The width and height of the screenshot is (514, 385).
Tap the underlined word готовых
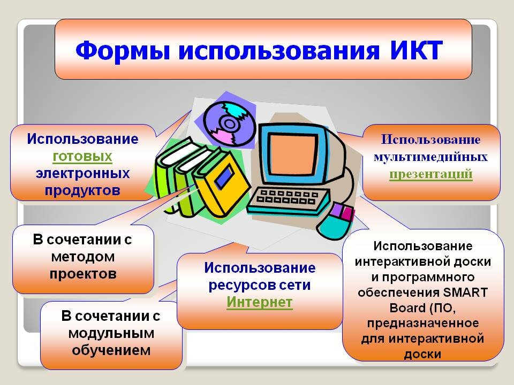82,156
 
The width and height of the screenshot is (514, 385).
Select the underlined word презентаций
430,173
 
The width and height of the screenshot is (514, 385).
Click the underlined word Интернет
259,302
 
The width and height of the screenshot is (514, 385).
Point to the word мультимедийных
430,157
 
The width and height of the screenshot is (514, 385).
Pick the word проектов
83,274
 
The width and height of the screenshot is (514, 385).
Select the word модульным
111,333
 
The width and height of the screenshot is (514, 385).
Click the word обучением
111,350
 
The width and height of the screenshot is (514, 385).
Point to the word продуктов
82,190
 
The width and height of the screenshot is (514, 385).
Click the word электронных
82,173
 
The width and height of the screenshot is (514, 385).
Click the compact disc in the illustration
230,124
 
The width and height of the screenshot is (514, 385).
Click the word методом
83,257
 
